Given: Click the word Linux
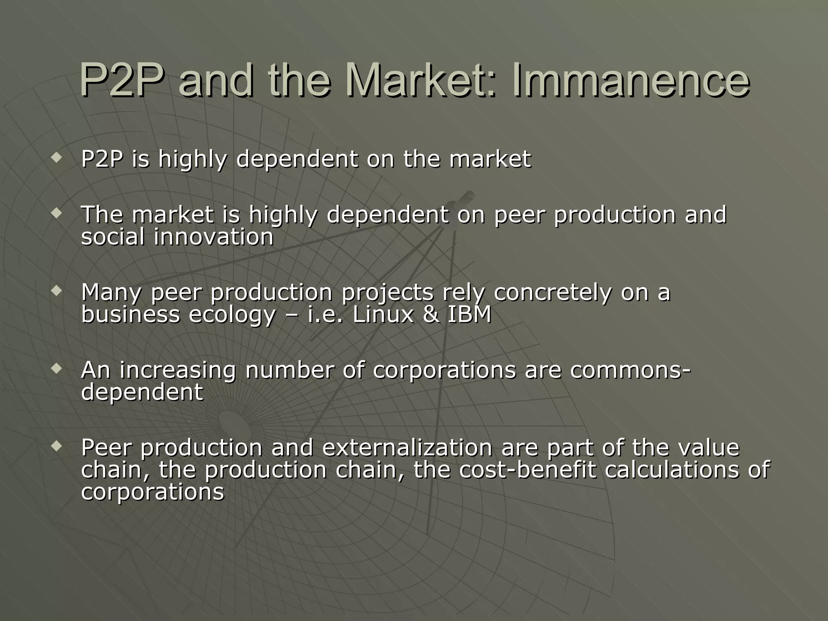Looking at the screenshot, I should [383, 314].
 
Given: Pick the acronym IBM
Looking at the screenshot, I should [469, 314].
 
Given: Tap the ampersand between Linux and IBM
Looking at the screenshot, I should [431, 314].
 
